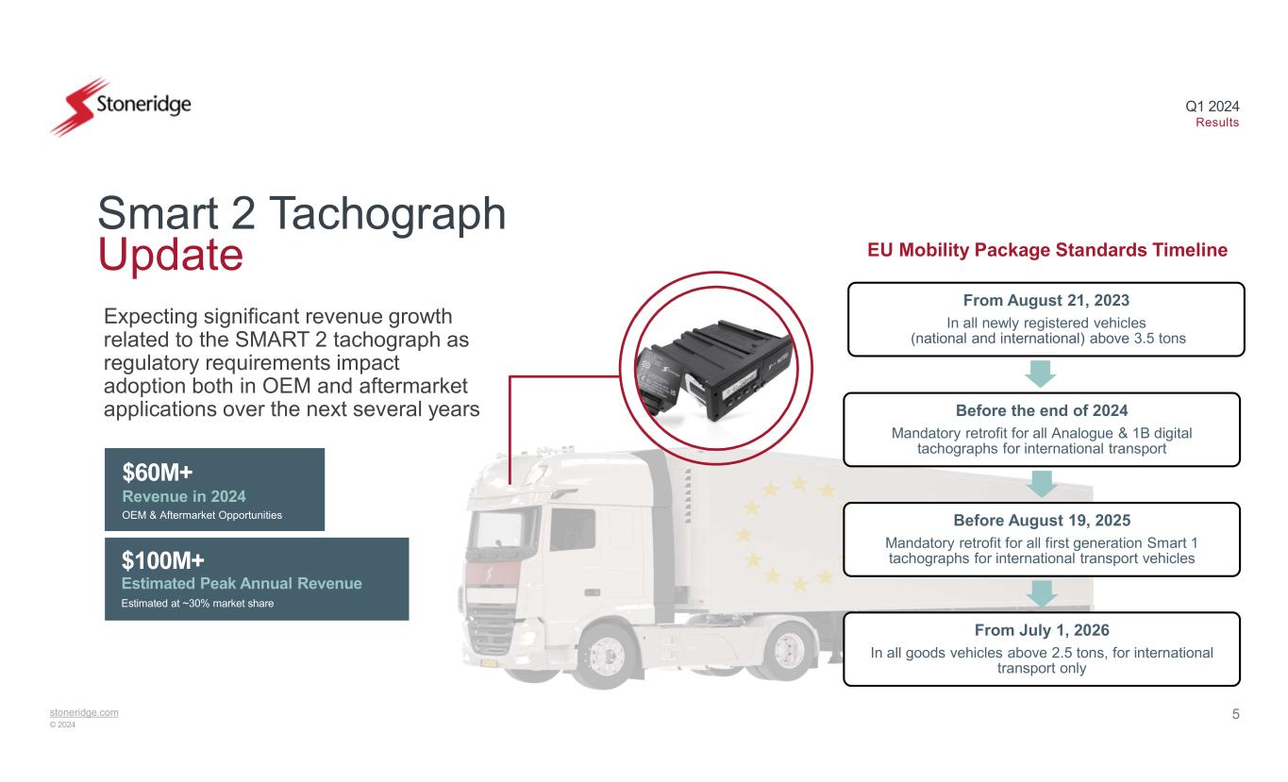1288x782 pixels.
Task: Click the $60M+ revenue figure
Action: tap(158, 472)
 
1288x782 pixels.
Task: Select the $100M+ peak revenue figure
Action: tap(163, 561)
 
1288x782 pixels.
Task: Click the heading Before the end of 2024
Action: tap(1042, 411)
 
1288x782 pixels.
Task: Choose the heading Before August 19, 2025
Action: tap(1042, 521)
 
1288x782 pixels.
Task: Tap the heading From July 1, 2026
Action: tap(1042, 630)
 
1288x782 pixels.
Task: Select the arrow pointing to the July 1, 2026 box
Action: tap(1042, 593)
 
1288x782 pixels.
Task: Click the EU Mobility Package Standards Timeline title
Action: tap(1046, 250)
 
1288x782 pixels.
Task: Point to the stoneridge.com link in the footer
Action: tap(85, 712)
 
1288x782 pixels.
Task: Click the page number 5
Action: tap(1235, 714)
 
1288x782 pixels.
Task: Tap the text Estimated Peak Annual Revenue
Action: tap(242, 584)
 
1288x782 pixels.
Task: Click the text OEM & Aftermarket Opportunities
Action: tap(202, 515)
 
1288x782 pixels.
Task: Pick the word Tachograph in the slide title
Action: tap(395, 214)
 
